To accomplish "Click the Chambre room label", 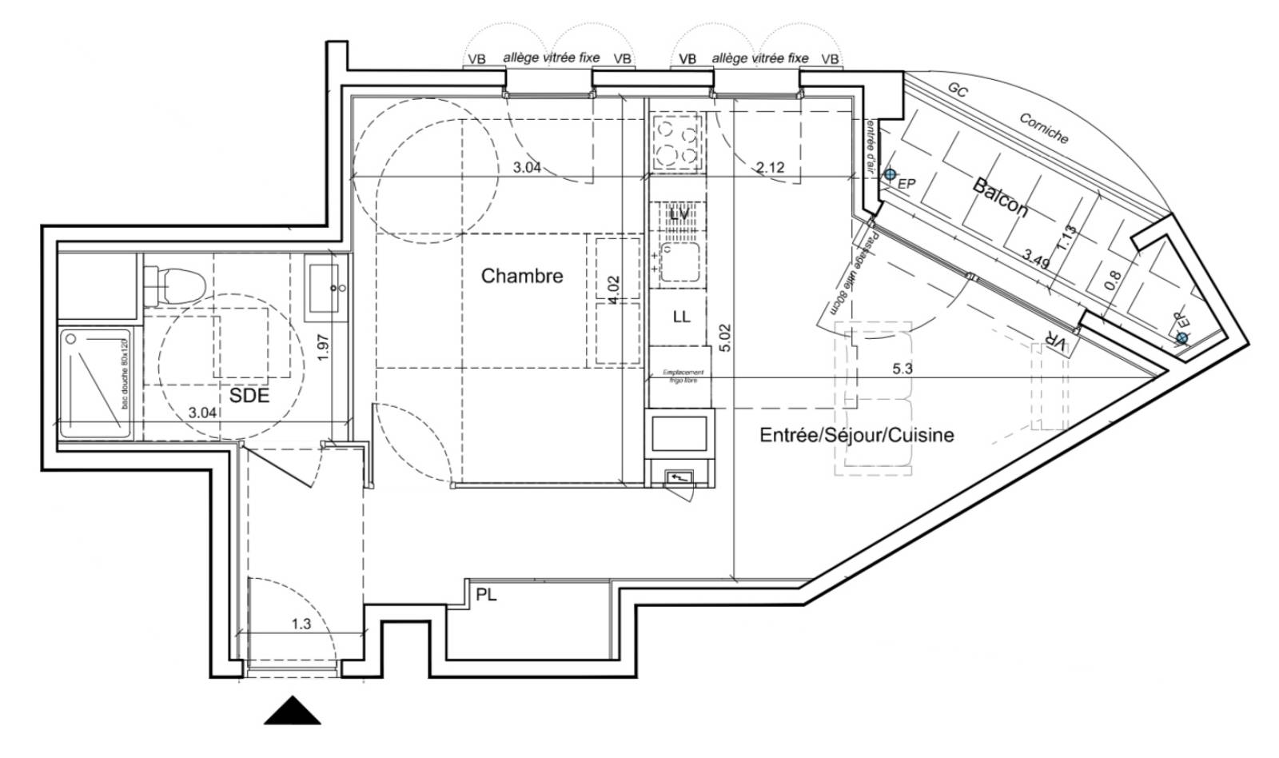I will tap(521, 277).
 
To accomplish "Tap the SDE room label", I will tap(249, 396).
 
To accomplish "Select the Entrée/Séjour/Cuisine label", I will tap(856, 435).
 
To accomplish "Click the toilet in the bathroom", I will tap(178, 282).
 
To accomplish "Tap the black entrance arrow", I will tap(293, 710).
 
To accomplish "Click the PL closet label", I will tap(486, 595).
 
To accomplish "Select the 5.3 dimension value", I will tap(902, 369).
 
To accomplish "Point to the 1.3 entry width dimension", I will tap(301, 624).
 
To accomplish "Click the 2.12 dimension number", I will tap(770, 168).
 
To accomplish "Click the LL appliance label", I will tap(681, 317).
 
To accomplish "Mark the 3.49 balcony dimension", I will tap(1038, 257).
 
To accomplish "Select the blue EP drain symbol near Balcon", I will tap(890, 174).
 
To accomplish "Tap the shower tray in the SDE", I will tap(94, 384).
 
